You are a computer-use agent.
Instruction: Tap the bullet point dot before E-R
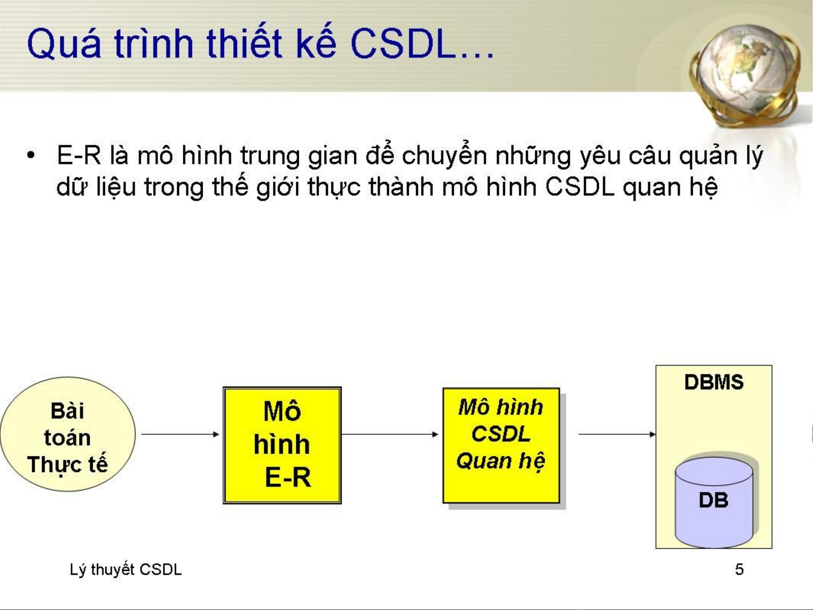(x=30, y=155)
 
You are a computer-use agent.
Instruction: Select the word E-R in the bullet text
(x=79, y=155)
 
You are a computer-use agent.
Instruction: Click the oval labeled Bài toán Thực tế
(x=68, y=434)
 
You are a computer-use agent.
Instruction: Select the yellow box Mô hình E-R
(x=282, y=445)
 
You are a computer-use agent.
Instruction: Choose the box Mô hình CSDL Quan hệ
(x=502, y=446)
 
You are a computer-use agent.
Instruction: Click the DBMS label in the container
(x=714, y=382)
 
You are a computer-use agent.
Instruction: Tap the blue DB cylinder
(x=714, y=502)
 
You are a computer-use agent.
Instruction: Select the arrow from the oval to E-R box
(x=180, y=434)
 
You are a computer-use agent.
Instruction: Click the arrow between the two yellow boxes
(x=390, y=434)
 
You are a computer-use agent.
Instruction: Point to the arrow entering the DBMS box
(x=617, y=434)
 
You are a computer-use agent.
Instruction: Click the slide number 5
(x=739, y=569)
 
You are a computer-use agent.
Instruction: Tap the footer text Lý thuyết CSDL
(x=126, y=570)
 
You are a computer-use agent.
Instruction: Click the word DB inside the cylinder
(x=714, y=500)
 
